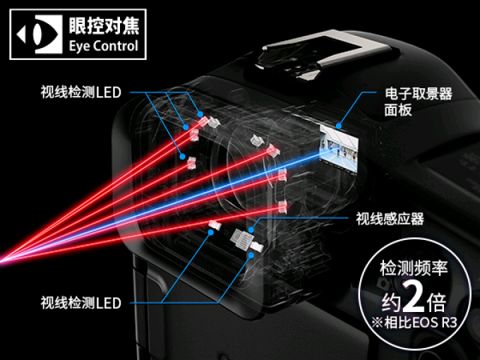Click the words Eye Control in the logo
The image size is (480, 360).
[x=104, y=46]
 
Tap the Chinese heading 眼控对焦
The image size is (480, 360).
[x=104, y=25]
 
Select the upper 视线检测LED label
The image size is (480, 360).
[x=80, y=92]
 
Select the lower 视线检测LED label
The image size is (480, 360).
[x=80, y=303]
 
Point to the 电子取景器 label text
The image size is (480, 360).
[x=418, y=93]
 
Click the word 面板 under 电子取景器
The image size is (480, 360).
[x=398, y=110]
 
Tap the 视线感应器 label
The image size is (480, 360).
[x=390, y=219]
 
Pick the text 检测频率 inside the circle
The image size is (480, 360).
[x=414, y=268]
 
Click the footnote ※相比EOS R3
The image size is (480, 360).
[x=414, y=323]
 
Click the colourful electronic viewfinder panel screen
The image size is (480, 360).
[x=339, y=148]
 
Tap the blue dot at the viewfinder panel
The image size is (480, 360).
[x=338, y=126]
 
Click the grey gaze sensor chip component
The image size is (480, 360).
[x=241, y=238]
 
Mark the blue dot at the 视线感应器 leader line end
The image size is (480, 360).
[x=251, y=230]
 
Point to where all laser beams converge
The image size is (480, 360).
[x=1, y=261]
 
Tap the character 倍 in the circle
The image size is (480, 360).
[x=436, y=301]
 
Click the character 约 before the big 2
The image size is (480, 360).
[x=391, y=301]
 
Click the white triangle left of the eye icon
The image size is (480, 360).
[x=22, y=35]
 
